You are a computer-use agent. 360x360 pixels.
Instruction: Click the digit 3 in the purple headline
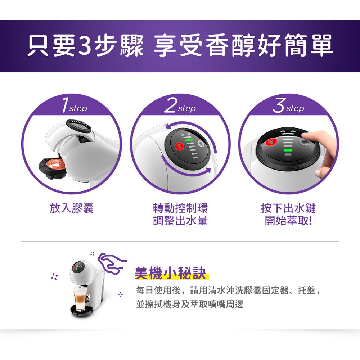[85, 45]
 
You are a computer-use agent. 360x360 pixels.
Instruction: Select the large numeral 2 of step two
[171, 105]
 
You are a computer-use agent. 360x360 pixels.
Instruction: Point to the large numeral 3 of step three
[279, 105]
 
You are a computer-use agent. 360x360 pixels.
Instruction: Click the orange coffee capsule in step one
[53, 164]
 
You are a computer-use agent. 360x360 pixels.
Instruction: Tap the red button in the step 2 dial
[179, 146]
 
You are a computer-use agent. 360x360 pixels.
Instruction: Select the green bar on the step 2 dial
[188, 140]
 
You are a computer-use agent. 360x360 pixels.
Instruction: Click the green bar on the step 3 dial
[288, 150]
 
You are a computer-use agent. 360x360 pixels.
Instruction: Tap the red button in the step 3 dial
[271, 142]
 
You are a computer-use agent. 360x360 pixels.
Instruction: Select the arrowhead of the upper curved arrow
[169, 127]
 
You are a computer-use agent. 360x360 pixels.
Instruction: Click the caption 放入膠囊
[72, 208]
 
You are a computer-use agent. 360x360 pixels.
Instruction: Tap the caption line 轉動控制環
[180, 208]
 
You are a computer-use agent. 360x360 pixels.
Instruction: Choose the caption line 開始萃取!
[288, 221]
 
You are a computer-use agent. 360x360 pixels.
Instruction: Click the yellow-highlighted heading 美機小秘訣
[170, 273]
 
